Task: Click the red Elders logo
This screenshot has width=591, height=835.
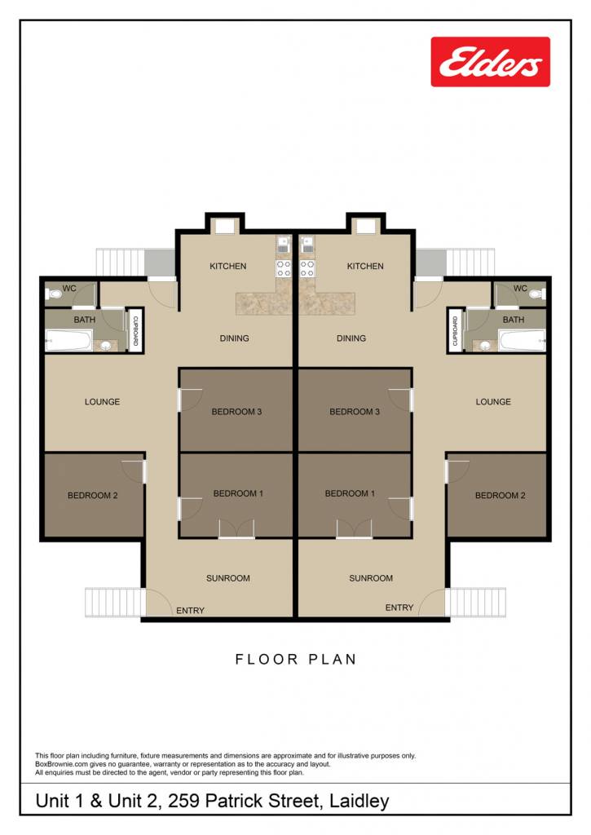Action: pos(491,61)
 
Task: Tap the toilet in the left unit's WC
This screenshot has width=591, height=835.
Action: pos(55,294)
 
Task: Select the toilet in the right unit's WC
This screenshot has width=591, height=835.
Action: pos(538,294)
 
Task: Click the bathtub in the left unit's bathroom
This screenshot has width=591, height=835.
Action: pos(68,340)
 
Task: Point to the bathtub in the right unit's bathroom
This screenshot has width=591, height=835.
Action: pos(522,340)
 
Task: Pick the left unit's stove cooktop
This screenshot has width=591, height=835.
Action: pos(283,269)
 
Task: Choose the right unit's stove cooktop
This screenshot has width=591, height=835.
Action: pos(307,269)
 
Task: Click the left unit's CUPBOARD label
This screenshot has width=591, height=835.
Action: pos(135,331)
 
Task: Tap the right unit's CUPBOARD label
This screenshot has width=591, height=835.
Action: pos(455,331)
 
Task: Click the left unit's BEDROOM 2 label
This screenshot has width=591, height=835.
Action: pos(93,495)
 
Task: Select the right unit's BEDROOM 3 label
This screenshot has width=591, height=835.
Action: pos(355,412)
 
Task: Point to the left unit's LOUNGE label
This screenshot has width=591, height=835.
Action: pos(102,401)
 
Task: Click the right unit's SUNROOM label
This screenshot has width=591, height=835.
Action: pos(371,578)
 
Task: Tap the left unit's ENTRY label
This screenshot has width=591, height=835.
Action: pos(190,610)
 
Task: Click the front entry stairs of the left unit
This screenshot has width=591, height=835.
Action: pos(114,603)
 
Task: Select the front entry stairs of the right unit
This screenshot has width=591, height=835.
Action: pos(475,603)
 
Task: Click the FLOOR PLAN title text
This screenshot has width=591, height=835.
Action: pos(295,659)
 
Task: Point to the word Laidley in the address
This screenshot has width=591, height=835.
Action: pos(359,801)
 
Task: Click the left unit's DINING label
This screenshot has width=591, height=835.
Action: pos(234,338)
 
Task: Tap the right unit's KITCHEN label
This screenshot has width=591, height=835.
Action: pos(365,266)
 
